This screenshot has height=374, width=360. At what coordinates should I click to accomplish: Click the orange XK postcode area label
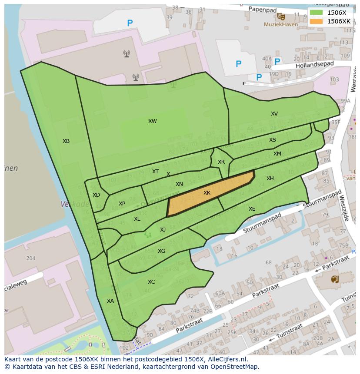click(x=207, y=192)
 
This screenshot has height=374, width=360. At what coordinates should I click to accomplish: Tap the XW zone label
click(x=152, y=121)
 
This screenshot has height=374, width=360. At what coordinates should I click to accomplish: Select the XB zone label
click(x=66, y=141)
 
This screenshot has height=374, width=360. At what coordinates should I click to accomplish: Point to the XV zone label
click(x=274, y=114)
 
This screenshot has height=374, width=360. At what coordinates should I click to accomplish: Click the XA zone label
click(x=110, y=301)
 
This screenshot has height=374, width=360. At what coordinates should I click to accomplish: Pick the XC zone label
click(x=151, y=281)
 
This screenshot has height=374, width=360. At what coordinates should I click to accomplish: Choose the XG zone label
click(x=161, y=251)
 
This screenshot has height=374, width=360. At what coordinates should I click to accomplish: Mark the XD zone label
click(x=96, y=195)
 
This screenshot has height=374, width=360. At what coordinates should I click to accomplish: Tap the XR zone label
click(x=221, y=162)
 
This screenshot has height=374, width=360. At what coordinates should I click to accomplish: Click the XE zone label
click(x=252, y=209)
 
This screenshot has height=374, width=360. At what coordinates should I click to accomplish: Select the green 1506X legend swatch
click(x=316, y=13)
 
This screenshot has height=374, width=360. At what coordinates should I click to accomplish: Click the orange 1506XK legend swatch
click(x=316, y=21)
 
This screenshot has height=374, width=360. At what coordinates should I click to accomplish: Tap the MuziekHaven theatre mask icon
click(x=281, y=17)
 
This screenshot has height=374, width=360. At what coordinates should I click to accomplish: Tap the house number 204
click(x=30, y=258)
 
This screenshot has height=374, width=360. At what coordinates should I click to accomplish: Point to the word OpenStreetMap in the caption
click(x=235, y=367)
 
